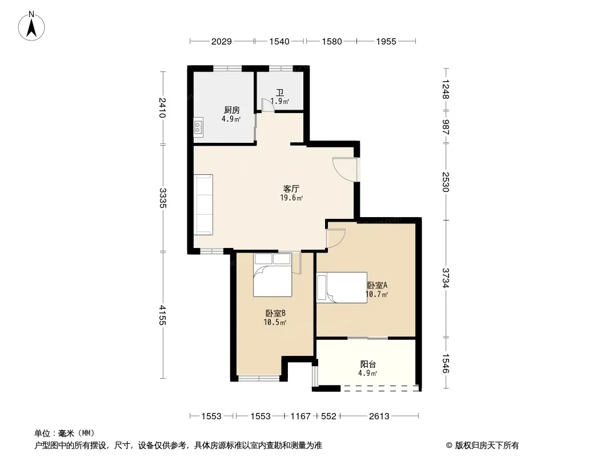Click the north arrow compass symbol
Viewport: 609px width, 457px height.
click(31, 26)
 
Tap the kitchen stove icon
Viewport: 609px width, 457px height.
click(198, 127)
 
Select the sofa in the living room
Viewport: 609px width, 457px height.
click(203, 205)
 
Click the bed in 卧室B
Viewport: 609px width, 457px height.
click(273, 275)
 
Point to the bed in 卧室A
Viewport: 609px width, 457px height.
click(342, 287)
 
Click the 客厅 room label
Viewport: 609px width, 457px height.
click(291, 189)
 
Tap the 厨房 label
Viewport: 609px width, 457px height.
click(231, 110)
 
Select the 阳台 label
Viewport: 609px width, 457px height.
click(368, 364)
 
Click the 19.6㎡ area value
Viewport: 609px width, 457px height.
click(291, 198)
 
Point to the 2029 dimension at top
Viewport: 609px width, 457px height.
click(222, 42)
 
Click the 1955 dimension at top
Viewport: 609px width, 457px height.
click(386, 42)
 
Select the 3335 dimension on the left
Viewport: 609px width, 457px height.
click(163, 198)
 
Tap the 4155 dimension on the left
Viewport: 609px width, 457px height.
click(163, 315)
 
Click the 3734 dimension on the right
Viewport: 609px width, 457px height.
click(446, 278)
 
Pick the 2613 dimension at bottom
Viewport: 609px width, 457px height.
click(379, 416)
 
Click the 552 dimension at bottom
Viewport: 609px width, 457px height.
click(328, 416)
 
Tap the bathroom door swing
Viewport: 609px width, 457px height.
click(267, 105)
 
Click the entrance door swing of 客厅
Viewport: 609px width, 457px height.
click(344, 169)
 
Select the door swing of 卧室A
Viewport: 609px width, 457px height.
click(336, 238)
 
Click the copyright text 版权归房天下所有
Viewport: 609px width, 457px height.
click(487, 446)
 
